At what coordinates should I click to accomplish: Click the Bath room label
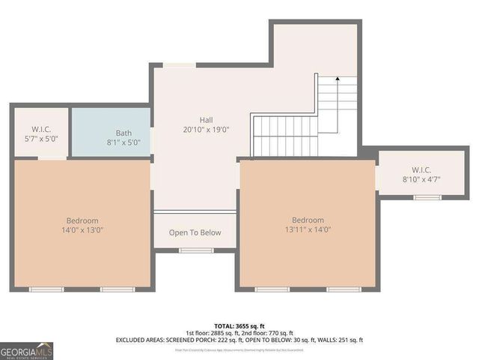click(123, 133)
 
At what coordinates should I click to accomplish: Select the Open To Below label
click(195, 232)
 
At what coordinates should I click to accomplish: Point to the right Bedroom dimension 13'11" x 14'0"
click(307, 230)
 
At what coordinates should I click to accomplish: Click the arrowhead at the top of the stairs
click(338, 77)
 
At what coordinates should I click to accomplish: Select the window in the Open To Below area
click(195, 250)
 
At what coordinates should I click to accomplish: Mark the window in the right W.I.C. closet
click(427, 197)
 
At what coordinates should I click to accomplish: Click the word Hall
click(206, 120)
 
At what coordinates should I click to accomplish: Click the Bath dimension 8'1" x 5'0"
click(123, 142)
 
